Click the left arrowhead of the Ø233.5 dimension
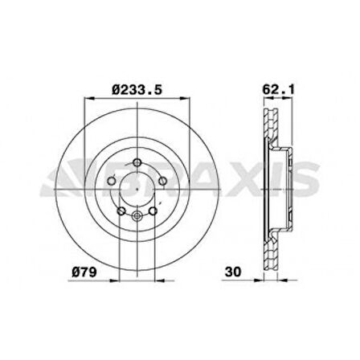tap(87, 100)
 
